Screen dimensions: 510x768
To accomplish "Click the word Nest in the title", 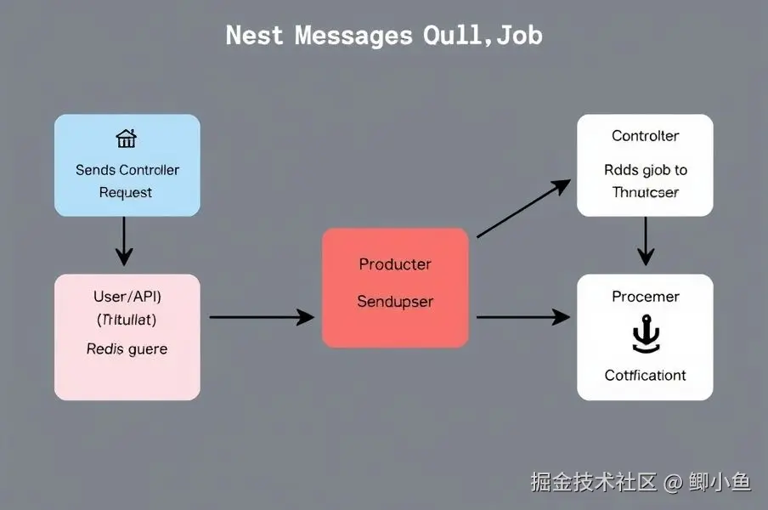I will tap(255, 36).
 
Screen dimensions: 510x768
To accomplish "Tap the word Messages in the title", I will tap(354, 36).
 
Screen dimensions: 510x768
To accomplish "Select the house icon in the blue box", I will tap(126, 139).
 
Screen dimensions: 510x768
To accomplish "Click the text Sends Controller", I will tap(127, 170).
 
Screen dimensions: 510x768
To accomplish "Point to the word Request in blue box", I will tap(126, 192).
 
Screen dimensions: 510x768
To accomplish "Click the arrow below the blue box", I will tap(124, 241).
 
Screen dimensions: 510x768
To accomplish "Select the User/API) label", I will tap(127, 297).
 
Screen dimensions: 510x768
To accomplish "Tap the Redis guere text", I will tap(127, 348).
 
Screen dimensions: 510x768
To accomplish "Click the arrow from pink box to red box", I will tap(261, 317).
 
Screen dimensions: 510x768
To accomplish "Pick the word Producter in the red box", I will tap(395, 264).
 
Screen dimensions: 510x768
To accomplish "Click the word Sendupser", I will tap(395, 302).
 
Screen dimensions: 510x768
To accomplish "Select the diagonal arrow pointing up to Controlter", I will tap(522, 208).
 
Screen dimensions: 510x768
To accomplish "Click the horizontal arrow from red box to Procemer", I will tap(522, 317).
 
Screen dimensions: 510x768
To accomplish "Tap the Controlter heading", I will tap(646, 136).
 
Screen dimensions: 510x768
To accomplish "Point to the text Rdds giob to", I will tap(646, 170).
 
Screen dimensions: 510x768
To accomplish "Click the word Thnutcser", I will tap(646, 192).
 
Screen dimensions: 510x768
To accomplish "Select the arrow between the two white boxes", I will tap(646, 241).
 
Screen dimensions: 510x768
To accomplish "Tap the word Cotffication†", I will tap(646, 375).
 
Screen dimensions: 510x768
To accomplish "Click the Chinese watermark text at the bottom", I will tap(641, 483).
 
